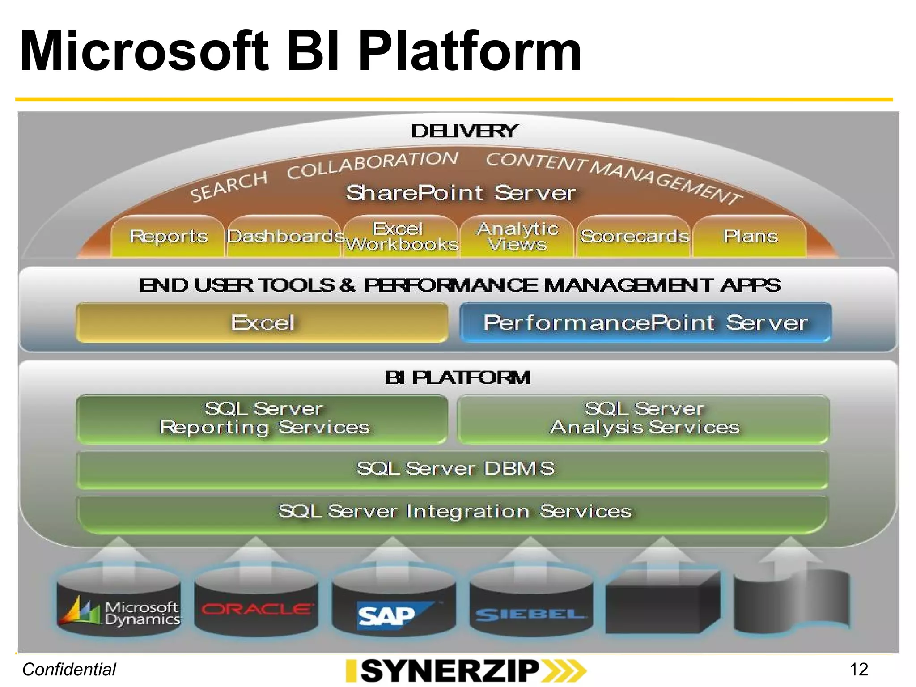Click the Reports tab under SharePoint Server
point(168,236)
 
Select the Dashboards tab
point(284,236)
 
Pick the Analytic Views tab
point(517,236)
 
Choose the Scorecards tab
point(634,236)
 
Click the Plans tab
point(750,236)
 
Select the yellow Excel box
point(262,323)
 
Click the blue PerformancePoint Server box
point(645,323)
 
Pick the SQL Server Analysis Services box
point(643,419)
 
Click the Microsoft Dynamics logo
point(121,611)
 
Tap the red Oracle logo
point(257,609)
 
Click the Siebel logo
point(530,615)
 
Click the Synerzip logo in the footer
point(465,670)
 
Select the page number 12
point(858,670)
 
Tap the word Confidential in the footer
point(69,670)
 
